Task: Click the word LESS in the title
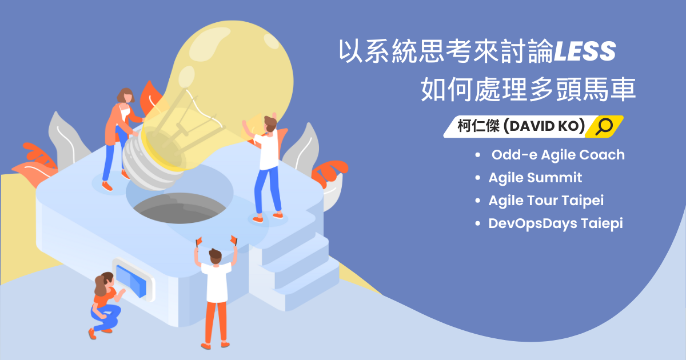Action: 585,51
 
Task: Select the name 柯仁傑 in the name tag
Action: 478,126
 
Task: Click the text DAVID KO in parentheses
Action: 544,126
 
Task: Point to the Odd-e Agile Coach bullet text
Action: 558,155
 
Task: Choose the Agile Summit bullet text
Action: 535,178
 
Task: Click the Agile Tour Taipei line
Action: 546,201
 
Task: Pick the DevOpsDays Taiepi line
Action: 556,223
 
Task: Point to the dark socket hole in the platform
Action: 180,208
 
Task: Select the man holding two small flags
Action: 216,293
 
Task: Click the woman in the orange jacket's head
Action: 126,96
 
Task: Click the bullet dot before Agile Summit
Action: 478,178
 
